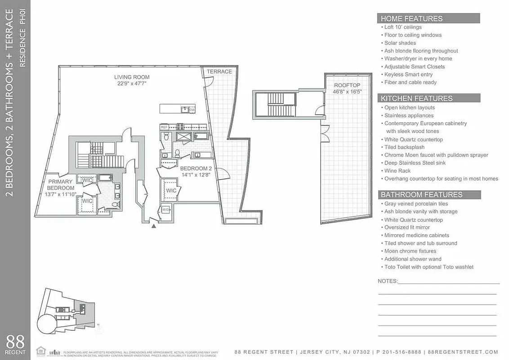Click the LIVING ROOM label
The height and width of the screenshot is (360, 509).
(x=132, y=77)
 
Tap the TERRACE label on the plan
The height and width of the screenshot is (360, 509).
(x=219, y=72)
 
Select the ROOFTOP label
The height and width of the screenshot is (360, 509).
(x=347, y=85)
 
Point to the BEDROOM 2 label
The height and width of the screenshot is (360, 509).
(x=196, y=169)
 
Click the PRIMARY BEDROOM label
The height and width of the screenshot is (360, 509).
(x=61, y=185)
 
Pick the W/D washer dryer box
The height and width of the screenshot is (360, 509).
(x=165, y=210)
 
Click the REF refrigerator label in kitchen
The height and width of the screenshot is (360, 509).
(x=164, y=127)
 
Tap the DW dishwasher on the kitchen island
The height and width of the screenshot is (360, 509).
(x=192, y=109)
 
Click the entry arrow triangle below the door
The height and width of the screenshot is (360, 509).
(x=154, y=226)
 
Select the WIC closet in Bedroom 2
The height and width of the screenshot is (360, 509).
(x=171, y=190)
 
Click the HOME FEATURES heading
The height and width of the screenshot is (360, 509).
(x=411, y=18)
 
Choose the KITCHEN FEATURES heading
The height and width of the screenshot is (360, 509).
(x=416, y=99)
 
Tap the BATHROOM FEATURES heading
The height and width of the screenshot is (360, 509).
(x=421, y=195)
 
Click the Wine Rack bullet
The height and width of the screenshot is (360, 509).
(x=397, y=171)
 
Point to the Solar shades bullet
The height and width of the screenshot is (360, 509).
(x=400, y=43)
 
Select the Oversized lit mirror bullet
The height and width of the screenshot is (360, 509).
(x=407, y=228)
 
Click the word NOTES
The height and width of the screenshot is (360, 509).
(x=388, y=281)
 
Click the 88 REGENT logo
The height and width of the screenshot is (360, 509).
(x=15, y=344)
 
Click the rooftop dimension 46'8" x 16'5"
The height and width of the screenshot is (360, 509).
(x=347, y=91)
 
